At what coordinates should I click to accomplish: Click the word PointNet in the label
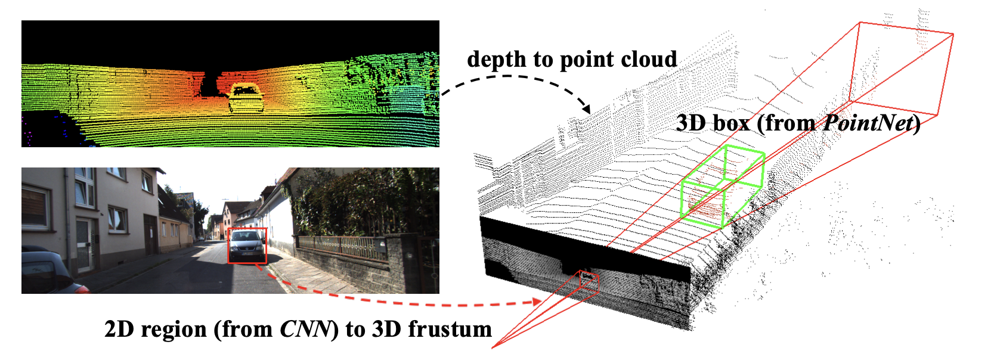[868, 123]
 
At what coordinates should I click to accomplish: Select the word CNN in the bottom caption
[305, 330]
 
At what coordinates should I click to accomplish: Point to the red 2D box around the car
[247, 246]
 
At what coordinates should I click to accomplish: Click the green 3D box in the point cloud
[723, 186]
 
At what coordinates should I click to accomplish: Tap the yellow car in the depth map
[246, 98]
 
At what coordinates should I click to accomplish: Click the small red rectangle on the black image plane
[589, 281]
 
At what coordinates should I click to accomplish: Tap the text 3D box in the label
[712, 123]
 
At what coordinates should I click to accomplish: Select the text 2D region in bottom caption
[155, 330]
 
